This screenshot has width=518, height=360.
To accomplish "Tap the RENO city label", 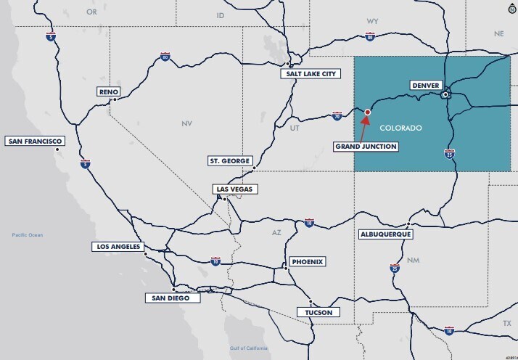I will [x=108, y=91].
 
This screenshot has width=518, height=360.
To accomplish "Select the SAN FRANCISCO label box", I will [x=34, y=141].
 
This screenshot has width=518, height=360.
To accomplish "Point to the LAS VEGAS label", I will [x=235, y=189].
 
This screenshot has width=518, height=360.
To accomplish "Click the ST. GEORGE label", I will [x=229, y=160].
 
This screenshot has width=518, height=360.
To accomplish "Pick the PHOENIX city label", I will [x=306, y=261].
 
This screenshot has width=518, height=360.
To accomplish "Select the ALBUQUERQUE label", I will [x=386, y=234].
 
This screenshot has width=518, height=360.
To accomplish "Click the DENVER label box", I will [x=425, y=86].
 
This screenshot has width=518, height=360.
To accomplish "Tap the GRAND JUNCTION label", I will [x=366, y=147].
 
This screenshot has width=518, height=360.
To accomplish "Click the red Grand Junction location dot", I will [x=368, y=112].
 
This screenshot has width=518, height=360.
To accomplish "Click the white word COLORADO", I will [x=400, y=128].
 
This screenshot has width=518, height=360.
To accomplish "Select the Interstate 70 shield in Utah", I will [x=337, y=115].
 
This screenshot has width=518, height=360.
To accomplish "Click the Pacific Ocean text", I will [x=28, y=235].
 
